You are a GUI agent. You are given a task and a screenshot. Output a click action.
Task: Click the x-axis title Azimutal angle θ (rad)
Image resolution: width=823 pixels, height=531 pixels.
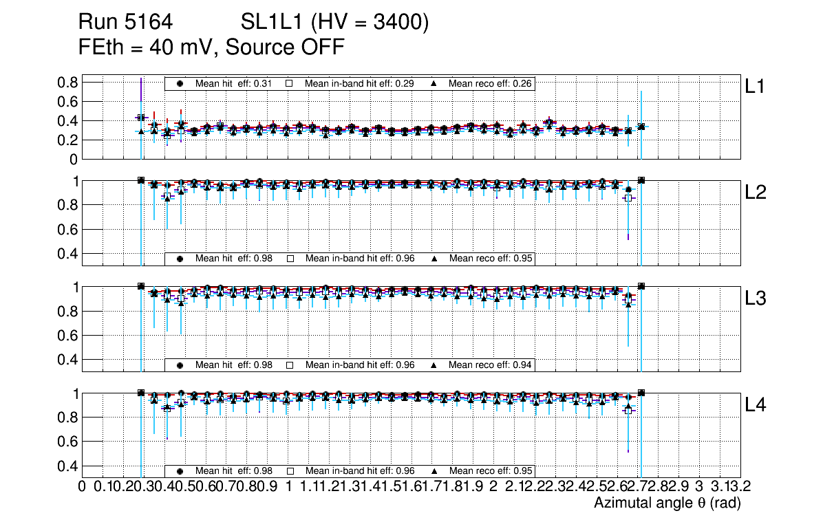pos(667,503)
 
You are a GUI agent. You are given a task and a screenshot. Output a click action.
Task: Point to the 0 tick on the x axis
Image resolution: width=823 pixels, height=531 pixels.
pos(82,487)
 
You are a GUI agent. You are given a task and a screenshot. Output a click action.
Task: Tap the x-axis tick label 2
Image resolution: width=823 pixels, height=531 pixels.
pos(493,487)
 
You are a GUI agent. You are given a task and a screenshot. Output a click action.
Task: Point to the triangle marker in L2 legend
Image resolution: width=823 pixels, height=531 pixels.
pos(434,259)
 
